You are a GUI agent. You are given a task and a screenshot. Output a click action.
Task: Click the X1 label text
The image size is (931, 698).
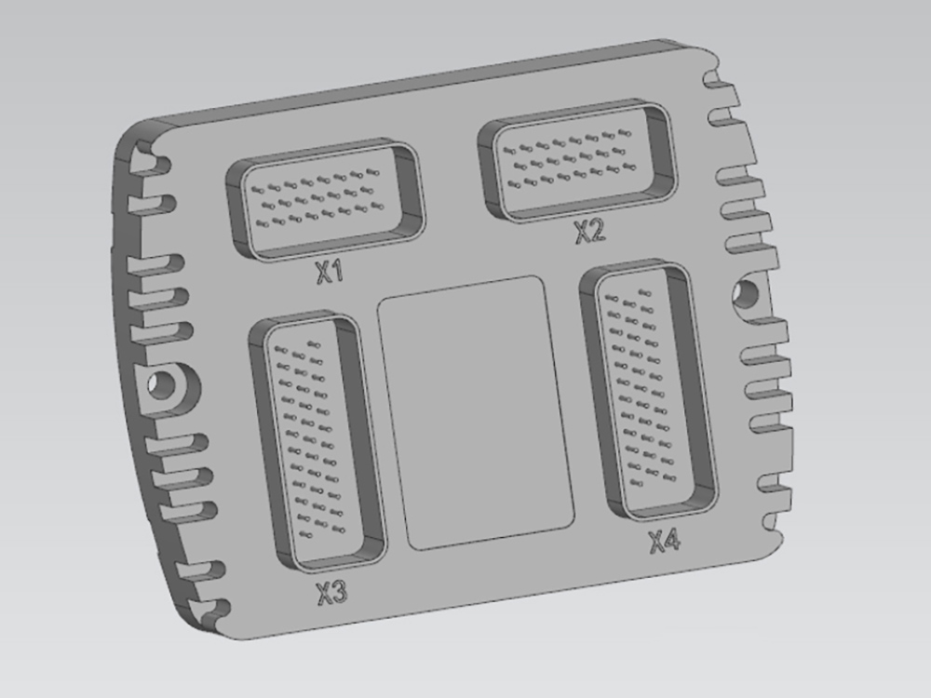[x=330, y=272]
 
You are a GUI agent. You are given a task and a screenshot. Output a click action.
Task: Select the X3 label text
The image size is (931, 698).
[x=331, y=592]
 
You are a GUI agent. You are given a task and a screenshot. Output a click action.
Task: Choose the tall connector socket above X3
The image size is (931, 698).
[x=317, y=441]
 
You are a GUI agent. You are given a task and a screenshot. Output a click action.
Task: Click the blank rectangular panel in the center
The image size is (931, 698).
[x=475, y=411]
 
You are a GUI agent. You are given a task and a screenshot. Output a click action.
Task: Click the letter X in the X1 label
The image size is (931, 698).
[x=322, y=273]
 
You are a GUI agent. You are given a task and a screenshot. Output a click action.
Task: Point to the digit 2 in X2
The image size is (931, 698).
[x=597, y=230]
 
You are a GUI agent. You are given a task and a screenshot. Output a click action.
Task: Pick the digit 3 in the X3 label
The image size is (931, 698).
[x=340, y=591]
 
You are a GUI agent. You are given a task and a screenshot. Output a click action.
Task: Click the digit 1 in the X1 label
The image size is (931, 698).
[x=338, y=271]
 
